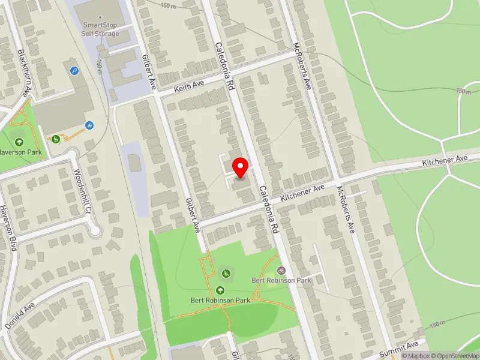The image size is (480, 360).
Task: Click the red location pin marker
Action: coord(241,167)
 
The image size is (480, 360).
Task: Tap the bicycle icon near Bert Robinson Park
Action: coord(281,271)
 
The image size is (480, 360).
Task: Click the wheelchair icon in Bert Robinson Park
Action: coord(226,274)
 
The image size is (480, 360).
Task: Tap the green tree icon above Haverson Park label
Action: coord(19,142)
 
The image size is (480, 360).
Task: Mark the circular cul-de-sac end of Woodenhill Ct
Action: coord(94,229)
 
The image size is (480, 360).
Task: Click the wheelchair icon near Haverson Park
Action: coord(56,139)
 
